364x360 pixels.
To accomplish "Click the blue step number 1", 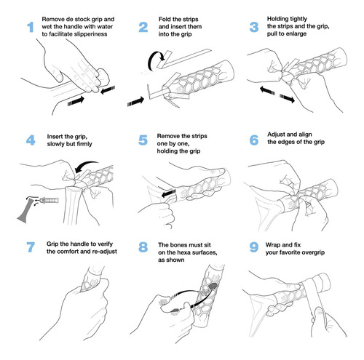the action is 31,27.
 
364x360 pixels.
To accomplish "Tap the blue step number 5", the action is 143,140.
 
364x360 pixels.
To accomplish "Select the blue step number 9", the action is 254,247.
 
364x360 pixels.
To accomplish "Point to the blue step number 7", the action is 31,247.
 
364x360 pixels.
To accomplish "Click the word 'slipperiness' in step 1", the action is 90,34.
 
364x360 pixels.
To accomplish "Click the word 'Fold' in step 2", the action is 165,19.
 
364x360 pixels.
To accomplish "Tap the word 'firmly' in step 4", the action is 84,144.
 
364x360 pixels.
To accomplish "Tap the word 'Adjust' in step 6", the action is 276,135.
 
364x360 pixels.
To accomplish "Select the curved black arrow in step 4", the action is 86,165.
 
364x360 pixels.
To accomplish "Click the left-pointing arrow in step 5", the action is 169,193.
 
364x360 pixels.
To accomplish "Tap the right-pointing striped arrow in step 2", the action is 135,101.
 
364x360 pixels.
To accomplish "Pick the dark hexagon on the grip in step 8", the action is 213,286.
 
